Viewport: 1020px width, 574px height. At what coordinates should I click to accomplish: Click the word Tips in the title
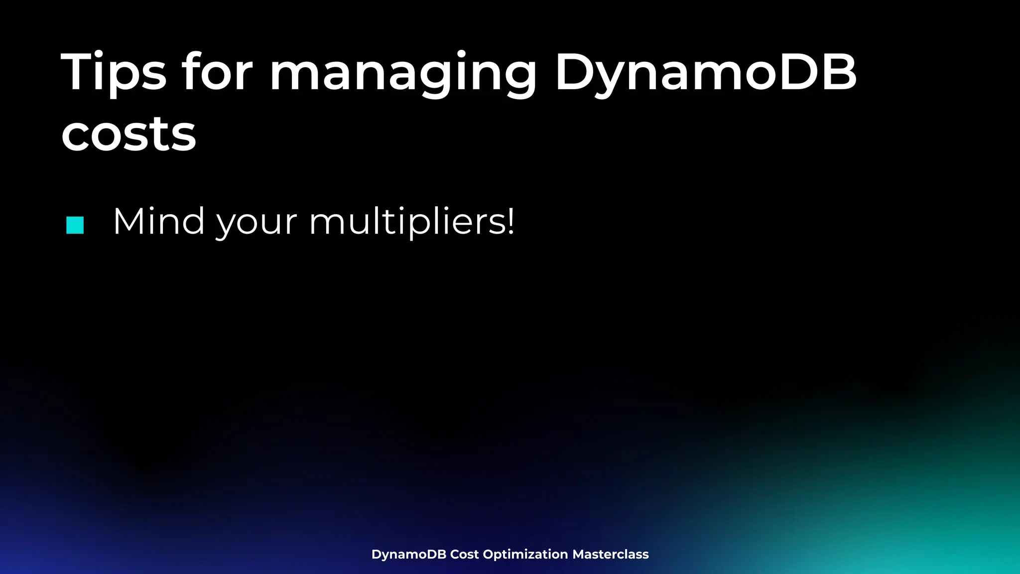(x=114, y=73)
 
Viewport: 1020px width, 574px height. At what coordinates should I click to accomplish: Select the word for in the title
(x=217, y=73)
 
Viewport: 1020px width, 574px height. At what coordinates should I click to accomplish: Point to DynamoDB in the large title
(x=705, y=74)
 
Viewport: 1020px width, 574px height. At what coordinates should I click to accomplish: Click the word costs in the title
(x=128, y=135)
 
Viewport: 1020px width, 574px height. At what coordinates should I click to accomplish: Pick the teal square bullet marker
(x=75, y=225)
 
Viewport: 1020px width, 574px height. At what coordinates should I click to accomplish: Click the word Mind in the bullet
(x=159, y=221)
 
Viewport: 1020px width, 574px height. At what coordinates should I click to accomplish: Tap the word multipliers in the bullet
(x=406, y=222)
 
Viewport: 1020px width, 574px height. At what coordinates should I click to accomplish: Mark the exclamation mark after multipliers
(x=510, y=221)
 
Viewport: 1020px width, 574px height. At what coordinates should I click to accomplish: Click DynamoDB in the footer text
(x=408, y=555)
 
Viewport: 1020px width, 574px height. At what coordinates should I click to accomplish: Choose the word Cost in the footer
(x=464, y=554)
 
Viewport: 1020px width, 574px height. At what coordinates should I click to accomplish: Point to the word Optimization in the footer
(x=525, y=554)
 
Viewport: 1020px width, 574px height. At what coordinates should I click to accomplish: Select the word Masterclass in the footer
(x=610, y=554)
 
